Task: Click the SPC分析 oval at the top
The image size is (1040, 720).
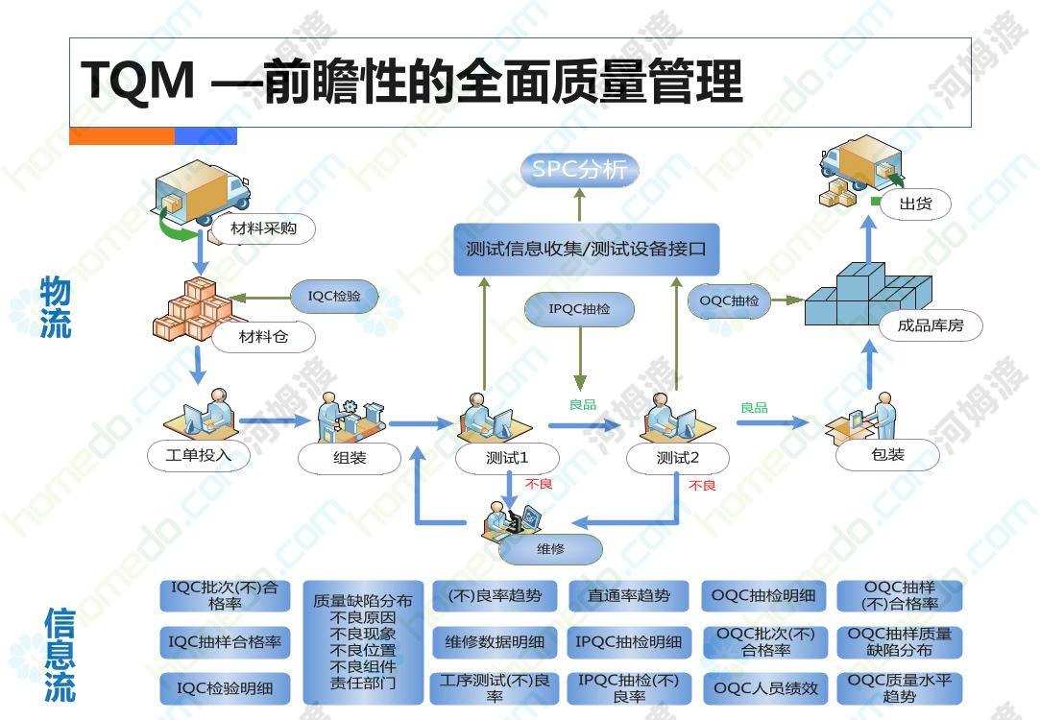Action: tap(580, 170)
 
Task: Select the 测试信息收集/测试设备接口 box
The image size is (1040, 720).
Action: tap(587, 250)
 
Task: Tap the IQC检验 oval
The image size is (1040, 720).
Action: tap(334, 297)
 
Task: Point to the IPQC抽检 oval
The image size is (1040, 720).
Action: tap(580, 309)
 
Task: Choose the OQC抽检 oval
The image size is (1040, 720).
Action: tap(729, 301)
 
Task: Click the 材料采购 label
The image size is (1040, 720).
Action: tap(263, 228)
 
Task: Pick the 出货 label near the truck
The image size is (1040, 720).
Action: tap(916, 204)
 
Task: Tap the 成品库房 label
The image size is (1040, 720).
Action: tap(931, 325)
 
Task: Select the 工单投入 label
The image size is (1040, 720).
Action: tap(199, 455)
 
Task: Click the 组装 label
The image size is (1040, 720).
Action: tap(350, 458)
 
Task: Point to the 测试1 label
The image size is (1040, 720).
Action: tap(507, 458)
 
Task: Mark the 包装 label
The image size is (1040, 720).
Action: tap(887, 455)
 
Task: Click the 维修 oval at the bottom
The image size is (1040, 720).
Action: tap(550, 550)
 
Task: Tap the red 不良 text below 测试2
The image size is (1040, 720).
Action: tap(702, 486)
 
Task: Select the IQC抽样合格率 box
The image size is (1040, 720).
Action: tap(225, 642)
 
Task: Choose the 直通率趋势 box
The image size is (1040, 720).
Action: tap(629, 596)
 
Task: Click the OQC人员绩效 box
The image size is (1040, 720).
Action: tap(765, 689)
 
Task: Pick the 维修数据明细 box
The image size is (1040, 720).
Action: tap(495, 642)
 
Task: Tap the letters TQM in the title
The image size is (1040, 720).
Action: tap(138, 81)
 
